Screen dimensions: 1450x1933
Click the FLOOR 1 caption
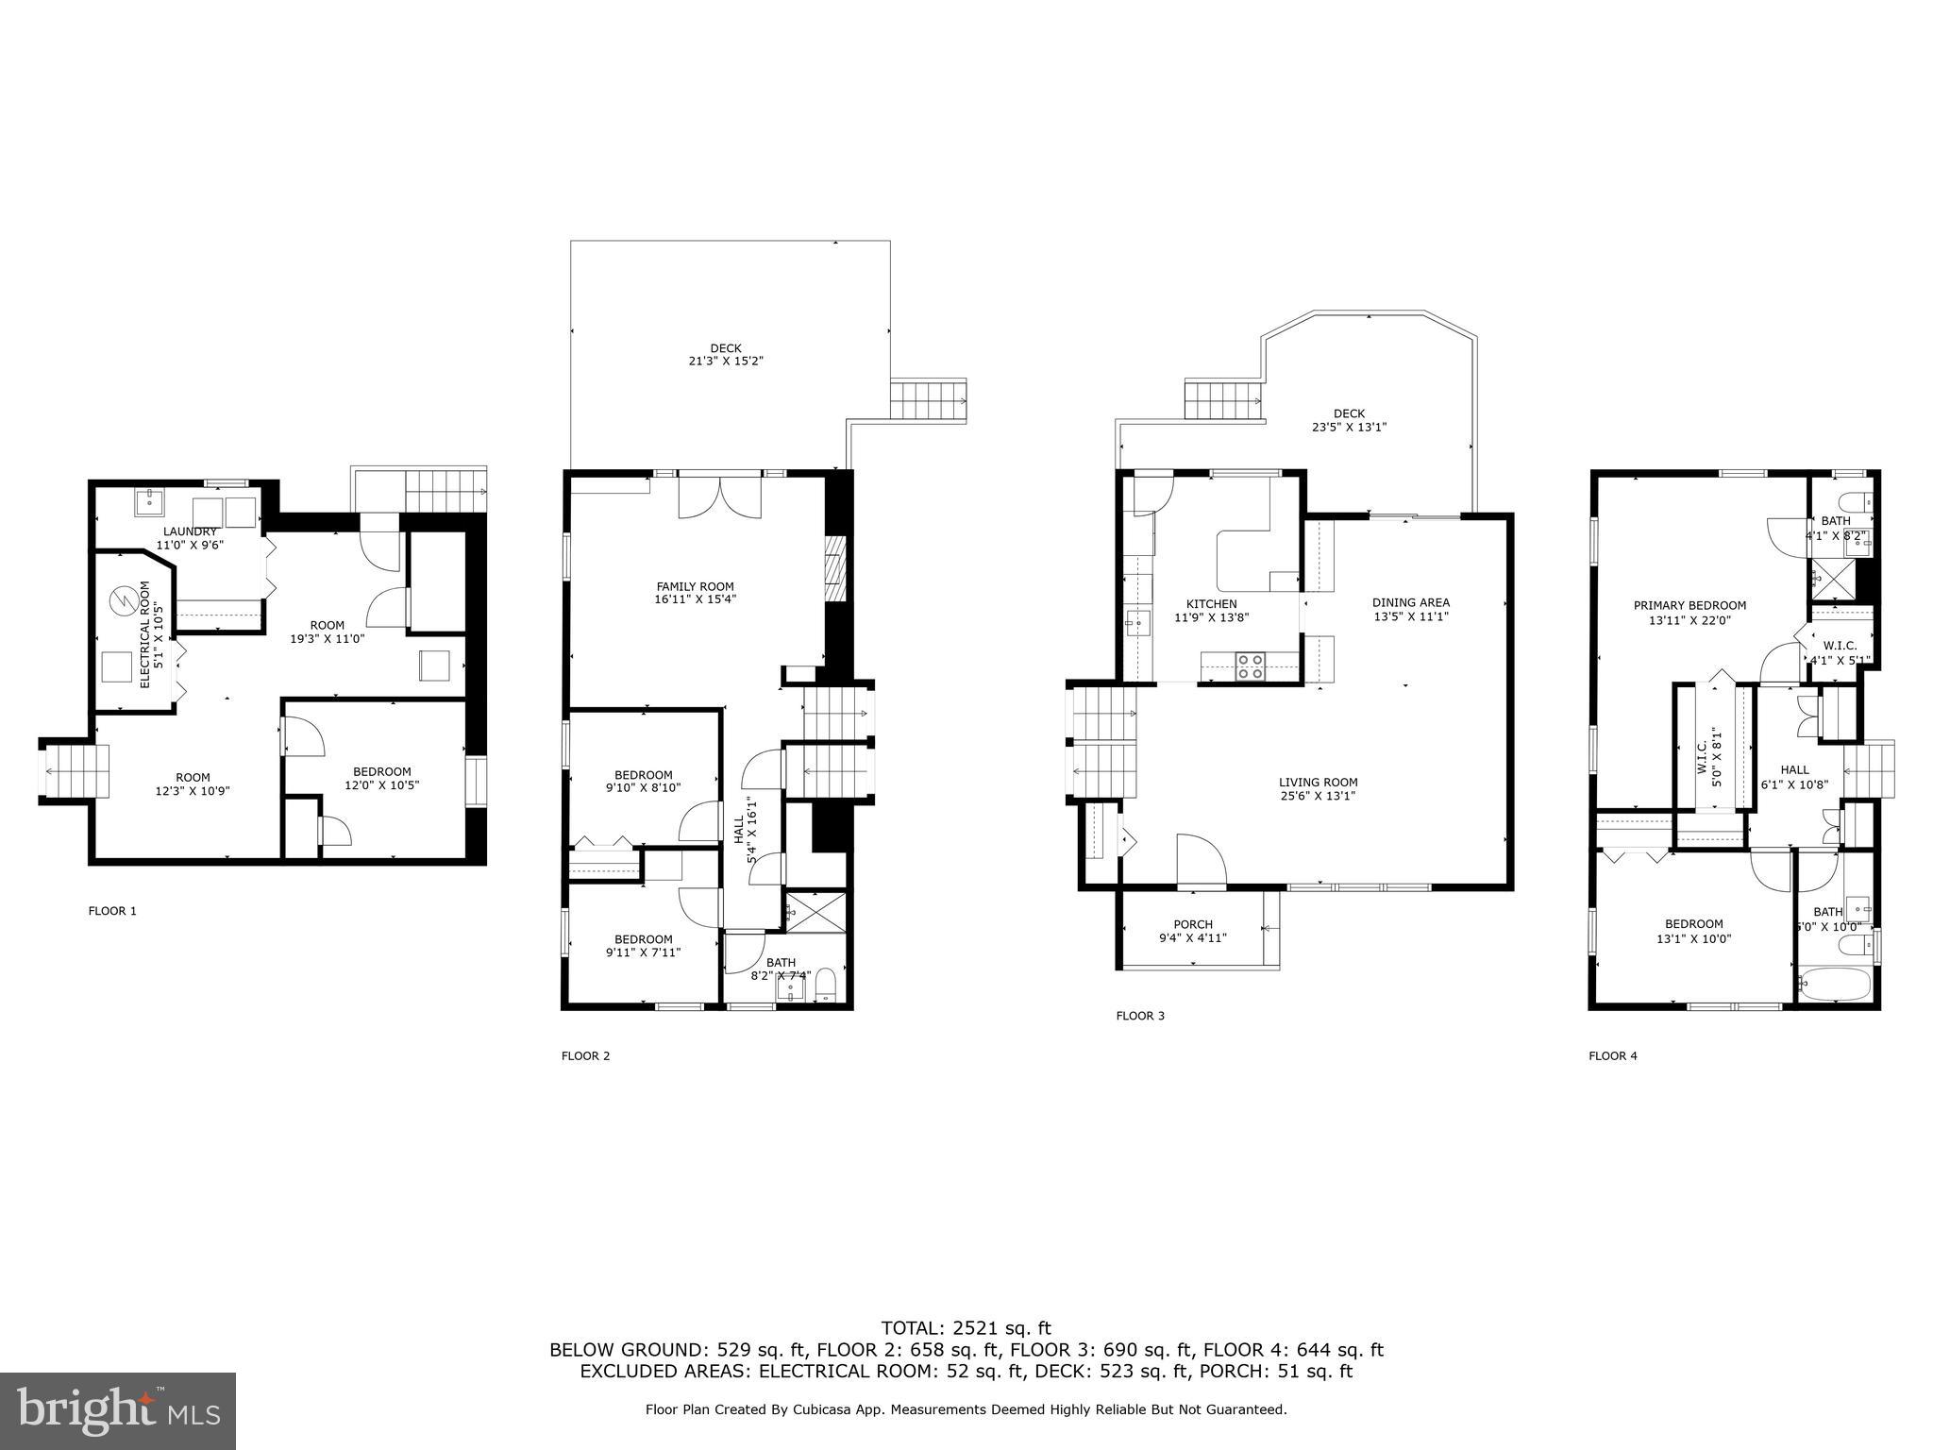click(x=112, y=911)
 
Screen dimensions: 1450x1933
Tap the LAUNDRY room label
click(x=190, y=531)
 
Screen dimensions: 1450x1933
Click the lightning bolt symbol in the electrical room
click(x=121, y=600)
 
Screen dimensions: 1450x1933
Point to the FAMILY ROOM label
click(x=695, y=586)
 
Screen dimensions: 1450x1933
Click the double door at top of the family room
click(x=719, y=497)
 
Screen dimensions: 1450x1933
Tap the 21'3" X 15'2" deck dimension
click(x=725, y=361)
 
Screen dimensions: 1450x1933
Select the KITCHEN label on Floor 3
click(x=1211, y=604)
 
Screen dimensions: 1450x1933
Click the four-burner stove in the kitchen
click(x=1252, y=666)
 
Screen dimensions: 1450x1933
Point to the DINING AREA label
click(x=1410, y=602)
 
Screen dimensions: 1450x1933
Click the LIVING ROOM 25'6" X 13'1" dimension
click(x=1318, y=796)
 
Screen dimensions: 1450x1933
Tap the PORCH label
click(x=1193, y=924)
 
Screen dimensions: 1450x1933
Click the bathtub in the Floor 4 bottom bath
click(x=1834, y=986)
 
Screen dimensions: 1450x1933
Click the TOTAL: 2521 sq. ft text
click(x=966, y=1329)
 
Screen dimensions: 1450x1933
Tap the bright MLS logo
click(x=118, y=1410)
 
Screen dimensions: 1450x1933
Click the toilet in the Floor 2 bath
click(x=825, y=984)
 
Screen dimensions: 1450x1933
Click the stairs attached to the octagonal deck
click(x=1223, y=400)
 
